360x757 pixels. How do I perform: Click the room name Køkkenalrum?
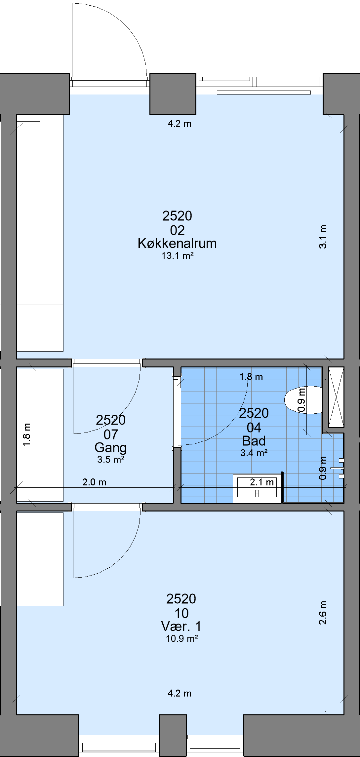pos(177,244)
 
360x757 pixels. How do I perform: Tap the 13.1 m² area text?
pos(178,256)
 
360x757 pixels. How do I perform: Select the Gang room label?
pos(111,448)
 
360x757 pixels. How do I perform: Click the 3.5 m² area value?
pos(111,460)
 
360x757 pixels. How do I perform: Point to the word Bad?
pos(254,441)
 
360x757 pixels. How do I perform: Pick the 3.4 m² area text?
pos(254,453)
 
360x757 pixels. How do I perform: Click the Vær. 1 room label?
pos(181,626)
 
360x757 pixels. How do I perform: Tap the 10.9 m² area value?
pos(182,638)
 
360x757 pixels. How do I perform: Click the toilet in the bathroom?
pos(303,400)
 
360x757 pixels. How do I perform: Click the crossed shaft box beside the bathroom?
pos(336,397)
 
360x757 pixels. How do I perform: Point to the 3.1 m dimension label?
pos(323,237)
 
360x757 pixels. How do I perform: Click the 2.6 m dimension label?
pos(323,613)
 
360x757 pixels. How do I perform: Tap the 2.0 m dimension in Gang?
pos(94,482)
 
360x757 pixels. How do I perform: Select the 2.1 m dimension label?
pos(262,482)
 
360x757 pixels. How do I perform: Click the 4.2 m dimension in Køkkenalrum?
pos(180,124)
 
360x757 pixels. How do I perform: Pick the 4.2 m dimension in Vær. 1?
pos(180,693)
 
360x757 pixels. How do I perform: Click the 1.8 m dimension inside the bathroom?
pos(251,377)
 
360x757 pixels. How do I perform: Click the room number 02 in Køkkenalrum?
pos(177,230)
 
